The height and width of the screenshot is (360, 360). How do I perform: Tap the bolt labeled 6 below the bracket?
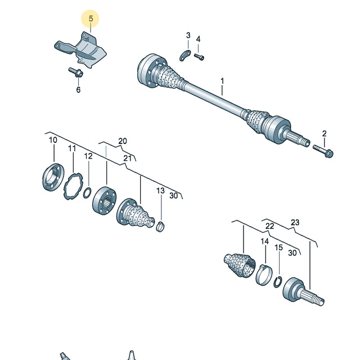click(x=76, y=72)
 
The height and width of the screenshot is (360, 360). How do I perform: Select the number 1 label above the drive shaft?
click(x=222, y=81)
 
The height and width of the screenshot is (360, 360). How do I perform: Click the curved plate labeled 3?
click(x=185, y=55)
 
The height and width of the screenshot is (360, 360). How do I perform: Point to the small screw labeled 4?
click(x=199, y=56)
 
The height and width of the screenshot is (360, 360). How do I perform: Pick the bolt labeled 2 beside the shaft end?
click(x=323, y=151)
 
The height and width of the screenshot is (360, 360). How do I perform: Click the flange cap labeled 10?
click(x=53, y=177)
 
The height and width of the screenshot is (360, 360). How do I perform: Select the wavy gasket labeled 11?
click(x=73, y=186)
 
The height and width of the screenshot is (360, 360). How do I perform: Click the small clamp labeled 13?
click(x=160, y=227)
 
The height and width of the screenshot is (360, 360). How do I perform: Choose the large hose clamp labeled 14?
click(x=264, y=274)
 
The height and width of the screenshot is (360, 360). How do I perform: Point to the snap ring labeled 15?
click(x=278, y=282)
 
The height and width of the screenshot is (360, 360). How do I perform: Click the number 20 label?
click(x=123, y=141)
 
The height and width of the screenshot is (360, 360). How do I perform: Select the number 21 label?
click(x=128, y=158)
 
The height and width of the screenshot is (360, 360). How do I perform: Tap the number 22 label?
click(x=269, y=226)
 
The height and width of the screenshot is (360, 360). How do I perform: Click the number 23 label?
click(x=295, y=222)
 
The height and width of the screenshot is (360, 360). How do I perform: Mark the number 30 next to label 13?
click(x=174, y=196)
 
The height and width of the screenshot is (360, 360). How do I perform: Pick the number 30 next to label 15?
click(x=292, y=253)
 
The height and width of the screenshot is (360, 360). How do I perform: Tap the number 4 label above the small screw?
click(x=198, y=39)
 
